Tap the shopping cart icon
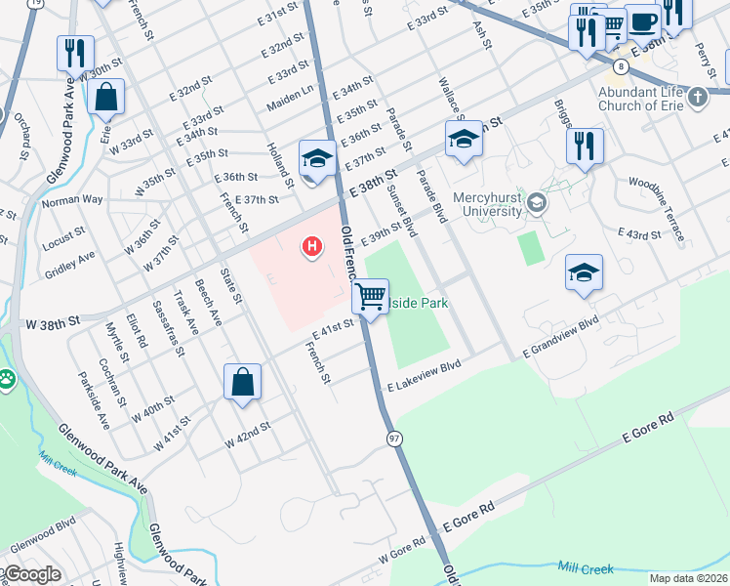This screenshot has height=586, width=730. click(370, 295)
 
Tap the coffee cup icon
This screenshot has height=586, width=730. click(641, 21)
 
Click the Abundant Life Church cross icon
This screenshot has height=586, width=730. click(697, 97)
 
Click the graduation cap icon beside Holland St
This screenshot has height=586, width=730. click(317, 158)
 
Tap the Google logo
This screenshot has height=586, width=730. click(33, 574)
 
